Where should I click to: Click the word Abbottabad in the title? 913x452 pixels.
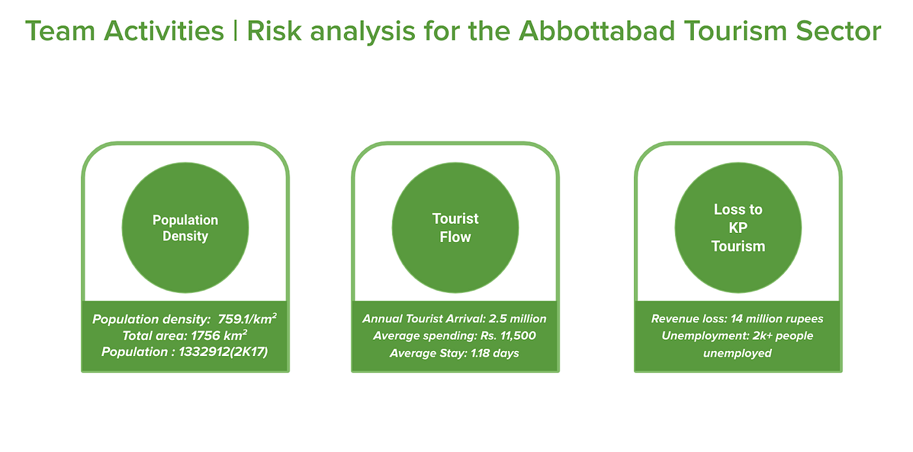(x=597, y=31)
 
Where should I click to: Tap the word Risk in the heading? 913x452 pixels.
(x=274, y=31)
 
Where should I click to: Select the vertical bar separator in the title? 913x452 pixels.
(x=235, y=31)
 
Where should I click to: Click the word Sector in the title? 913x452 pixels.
(x=839, y=31)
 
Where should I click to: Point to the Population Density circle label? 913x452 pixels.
(x=185, y=228)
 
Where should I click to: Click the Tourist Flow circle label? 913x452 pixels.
(x=455, y=228)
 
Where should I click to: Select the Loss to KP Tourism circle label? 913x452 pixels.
(x=738, y=228)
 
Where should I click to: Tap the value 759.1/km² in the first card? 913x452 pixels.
(x=247, y=319)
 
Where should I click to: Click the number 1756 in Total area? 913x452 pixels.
(x=205, y=335)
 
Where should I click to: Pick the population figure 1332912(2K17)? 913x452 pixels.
(x=223, y=352)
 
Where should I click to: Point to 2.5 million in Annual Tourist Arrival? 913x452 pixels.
(x=518, y=318)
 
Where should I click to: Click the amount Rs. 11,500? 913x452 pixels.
(x=508, y=335)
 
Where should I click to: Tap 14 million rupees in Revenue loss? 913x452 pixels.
(x=777, y=318)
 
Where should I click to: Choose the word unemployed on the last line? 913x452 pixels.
(x=738, y=353)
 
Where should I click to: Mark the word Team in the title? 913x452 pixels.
(x=60, y=31)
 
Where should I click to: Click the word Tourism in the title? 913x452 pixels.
(x=736, y=31)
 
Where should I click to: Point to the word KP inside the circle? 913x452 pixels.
(x=738, y=228)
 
